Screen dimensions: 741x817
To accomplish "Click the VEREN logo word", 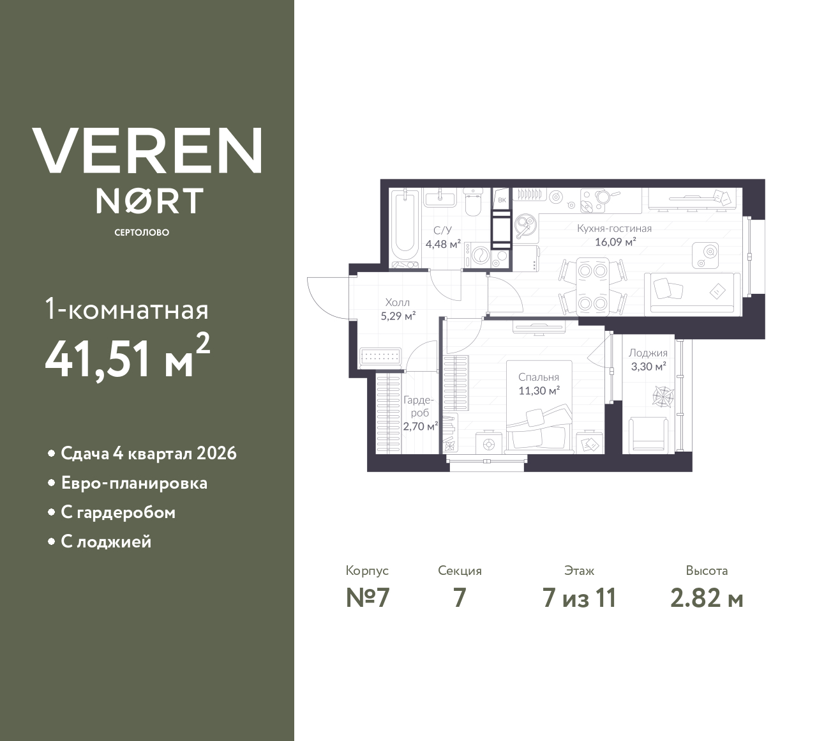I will coord(147,151).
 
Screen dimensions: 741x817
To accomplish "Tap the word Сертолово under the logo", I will coord(142,233).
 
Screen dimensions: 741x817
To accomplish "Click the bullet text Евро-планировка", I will coord(134,483).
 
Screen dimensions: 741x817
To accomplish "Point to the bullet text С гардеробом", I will coord(118,512).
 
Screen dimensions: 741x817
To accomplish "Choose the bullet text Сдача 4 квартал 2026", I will coord(149,454).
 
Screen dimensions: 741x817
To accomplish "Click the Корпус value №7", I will coord(367,598).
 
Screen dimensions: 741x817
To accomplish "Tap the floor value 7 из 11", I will coord(579,598).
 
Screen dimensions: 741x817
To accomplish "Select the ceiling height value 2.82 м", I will coord(707,598).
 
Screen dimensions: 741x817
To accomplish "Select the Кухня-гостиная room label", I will coord(614,228).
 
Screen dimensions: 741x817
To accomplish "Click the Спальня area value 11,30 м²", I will coord(539,391).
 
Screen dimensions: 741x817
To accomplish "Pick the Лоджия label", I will coord(648,353).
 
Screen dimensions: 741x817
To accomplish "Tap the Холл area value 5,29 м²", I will coord(398,316).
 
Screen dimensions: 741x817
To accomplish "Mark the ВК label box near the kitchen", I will coord(502,200).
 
